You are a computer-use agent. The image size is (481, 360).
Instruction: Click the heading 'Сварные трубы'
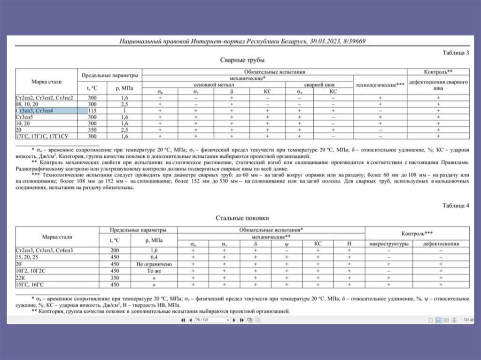click(242, 60)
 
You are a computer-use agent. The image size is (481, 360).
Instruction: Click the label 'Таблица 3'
click(456, 53)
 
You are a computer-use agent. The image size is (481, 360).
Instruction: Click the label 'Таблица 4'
click(456, 205)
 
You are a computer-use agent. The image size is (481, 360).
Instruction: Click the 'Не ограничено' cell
click(155, 264)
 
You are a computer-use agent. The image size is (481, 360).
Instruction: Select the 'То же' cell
click(155, 271)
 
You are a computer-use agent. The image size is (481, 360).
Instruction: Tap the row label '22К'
click(21, 278)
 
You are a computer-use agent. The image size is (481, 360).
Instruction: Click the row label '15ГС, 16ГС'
click(31, 284)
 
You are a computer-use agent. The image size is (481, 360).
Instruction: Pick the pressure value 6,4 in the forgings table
click(155, 258)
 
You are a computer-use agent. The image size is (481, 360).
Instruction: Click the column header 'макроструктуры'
click(388, 244)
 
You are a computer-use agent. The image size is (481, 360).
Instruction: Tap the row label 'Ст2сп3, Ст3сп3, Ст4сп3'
click(44, 251)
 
